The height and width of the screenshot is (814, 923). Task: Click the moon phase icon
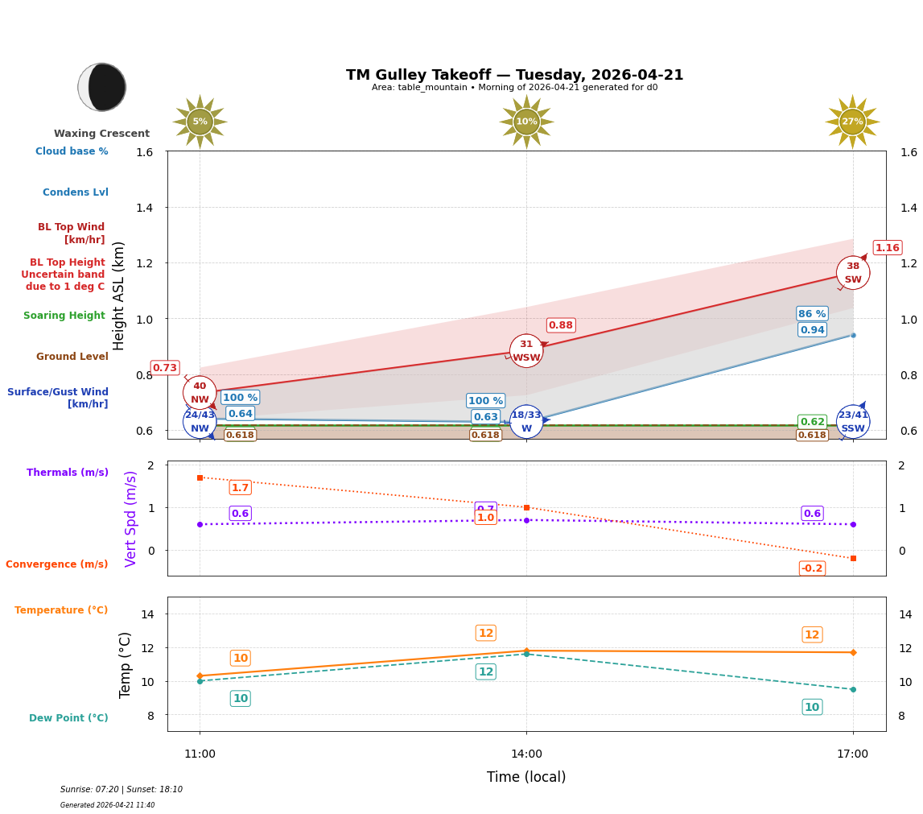(x=102, y=87)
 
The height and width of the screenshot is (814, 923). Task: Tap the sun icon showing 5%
(x=200, y=122)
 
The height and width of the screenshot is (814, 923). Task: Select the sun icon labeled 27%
(x=852, y=122)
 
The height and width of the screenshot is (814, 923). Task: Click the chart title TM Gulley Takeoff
(x=514, y=75)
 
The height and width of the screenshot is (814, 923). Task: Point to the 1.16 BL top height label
(x=887, y=247)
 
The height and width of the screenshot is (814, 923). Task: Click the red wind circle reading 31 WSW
(x=526, y=351)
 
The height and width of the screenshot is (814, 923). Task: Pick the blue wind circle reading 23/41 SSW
(x=852, y=421)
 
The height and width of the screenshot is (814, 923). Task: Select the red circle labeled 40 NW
(x=200, y=393)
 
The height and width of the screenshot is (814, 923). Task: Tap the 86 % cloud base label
(x=812, y=313)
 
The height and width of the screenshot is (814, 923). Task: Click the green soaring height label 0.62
(x=812, y=422)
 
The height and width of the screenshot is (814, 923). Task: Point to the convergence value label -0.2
(x=812, y=568)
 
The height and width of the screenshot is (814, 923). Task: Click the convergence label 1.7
(x=240, y=487)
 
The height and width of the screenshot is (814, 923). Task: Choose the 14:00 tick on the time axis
(x=526, y=754)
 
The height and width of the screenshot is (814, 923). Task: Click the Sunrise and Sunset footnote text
(x=122, y=790)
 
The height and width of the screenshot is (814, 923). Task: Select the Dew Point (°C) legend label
(x=68, y=718)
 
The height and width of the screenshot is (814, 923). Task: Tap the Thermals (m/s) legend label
(x=68, y=473)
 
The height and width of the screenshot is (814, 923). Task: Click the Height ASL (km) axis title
(x=119, y=295)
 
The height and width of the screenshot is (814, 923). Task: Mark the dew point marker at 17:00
(x=852, y=689)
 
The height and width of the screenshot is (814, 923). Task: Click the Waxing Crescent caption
(x=101, y=134)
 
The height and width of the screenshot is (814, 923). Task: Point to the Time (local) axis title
(x=526, y=777)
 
